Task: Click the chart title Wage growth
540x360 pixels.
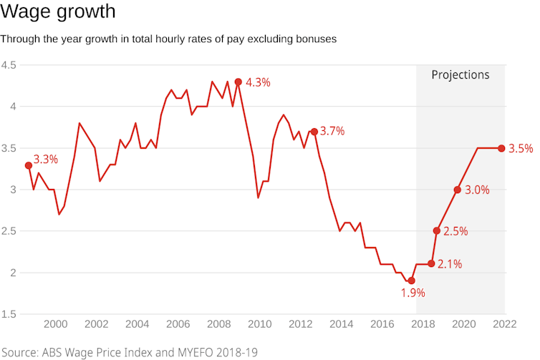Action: pyautogui.click(x=58, y=12)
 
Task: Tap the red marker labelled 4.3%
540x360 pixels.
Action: pyautogui.click(x=238, y=82)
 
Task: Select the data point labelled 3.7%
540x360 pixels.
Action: pyautogui.click(x=314, y=132)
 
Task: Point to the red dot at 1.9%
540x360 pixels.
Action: pyautogui.click(x=411, y=281)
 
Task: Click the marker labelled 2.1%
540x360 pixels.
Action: pyautogui.click(x=431, y=263)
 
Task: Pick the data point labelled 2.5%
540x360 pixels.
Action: pyautogui.click(x=436, y=230)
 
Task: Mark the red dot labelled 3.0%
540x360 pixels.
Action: pyautogui.click(x=457, y=190)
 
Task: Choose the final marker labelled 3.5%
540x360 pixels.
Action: pyautogui.click(x=501, y=148)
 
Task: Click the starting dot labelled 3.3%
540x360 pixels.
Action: pyautogui.click(x=28, y=165)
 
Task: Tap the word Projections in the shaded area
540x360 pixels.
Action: pyautogui.click(x=460, y=74)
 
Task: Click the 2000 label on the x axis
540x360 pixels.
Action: pyautogui.click(x=56, y=323)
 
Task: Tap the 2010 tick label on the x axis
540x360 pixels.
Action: pyautogui.click(x=260, y=323)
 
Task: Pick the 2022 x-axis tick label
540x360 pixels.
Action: pyautogui.click(x=504, y=323)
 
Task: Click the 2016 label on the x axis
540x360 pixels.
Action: pyautogui.click(x=382, y=323)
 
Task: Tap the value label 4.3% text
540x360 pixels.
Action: pyautogui.click(x=258, y=82)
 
